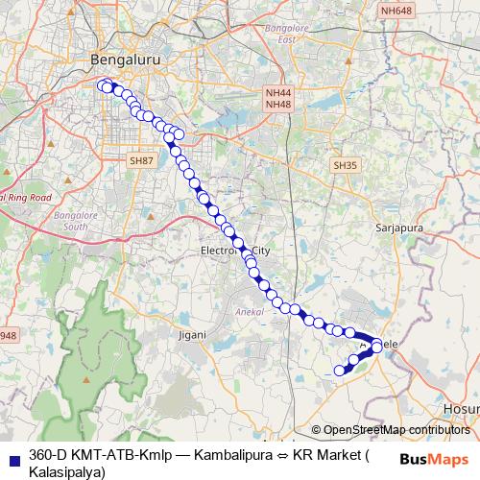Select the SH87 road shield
tap(141, 160)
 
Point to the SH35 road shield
tap(345, 165)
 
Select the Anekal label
tap(247, 312)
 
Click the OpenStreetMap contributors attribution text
tap(396, 429)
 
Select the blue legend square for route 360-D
tap(12, 454)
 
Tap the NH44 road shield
tap(277, 92)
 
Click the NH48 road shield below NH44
tap(277, 104)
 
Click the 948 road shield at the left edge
tap(7, 335)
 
